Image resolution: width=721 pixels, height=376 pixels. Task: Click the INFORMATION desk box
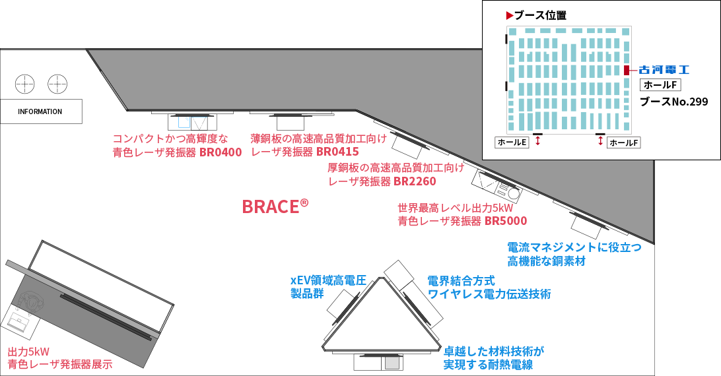point(40,111)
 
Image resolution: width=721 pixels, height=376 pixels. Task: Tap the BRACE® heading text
point(275,206)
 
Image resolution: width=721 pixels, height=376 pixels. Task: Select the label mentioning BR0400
point(177,146)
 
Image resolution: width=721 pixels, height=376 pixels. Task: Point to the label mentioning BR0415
point(318,146)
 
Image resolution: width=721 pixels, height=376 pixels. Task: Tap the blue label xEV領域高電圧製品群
point(328,287)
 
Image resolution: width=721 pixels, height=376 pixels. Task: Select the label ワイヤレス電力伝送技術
point(489,288)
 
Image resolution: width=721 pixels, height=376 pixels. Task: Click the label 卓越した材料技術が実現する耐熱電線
point(493,358)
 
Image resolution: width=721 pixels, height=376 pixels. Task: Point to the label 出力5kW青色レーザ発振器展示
point(59,358)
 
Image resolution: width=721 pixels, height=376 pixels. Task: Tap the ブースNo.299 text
point(673,102)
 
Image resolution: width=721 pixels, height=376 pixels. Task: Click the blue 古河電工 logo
point(664,69)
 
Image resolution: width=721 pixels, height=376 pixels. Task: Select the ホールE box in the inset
point(512,142)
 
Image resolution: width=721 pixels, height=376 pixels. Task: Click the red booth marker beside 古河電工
point(626,70)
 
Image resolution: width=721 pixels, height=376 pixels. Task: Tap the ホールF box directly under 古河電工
point(660,85)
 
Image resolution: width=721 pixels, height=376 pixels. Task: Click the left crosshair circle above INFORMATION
point(24,84)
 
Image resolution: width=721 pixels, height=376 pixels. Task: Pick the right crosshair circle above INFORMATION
point(57,84)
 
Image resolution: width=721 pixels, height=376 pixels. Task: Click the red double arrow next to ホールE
point(538,141)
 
